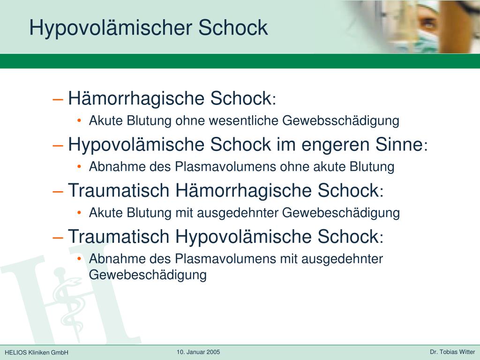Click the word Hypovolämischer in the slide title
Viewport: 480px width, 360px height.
point(111,28)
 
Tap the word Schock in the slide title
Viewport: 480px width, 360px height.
point(233,28)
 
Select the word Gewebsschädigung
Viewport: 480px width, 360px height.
point(340,120)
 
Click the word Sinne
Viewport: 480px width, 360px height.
point(399,144)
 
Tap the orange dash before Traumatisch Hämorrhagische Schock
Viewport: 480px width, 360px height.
point(58,192)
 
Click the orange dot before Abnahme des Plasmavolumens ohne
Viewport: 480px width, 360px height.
point(79,166)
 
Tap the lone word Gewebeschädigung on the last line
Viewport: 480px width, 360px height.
point(148,275)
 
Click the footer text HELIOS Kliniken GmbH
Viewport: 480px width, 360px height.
point(37,352)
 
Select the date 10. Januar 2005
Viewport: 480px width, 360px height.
point(198,352)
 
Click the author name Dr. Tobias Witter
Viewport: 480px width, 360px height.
point(452,352)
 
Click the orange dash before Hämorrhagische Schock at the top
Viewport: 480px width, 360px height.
point(58,99)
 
